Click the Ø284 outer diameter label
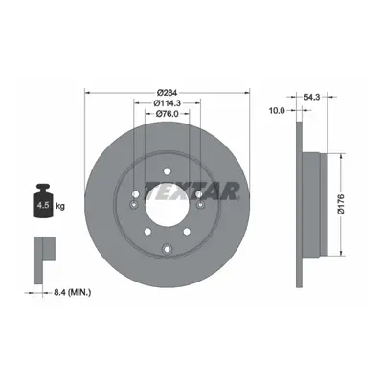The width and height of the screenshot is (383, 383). click(x=167, y=93)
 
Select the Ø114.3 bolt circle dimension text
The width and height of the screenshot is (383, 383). click(x=167, y=103)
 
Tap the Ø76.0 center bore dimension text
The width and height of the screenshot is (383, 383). click(x=167, y=113)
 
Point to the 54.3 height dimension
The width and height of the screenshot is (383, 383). click(x=311, y=98)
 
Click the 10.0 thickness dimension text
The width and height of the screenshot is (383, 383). click(x=277, y=111)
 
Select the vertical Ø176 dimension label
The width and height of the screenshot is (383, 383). click(x=343, y=204)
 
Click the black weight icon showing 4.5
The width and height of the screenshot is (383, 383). click(x=43, y=201)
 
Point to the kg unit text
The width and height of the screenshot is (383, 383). click(x=60, y=207)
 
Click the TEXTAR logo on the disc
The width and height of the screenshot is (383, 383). click(x=192, y=191)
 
